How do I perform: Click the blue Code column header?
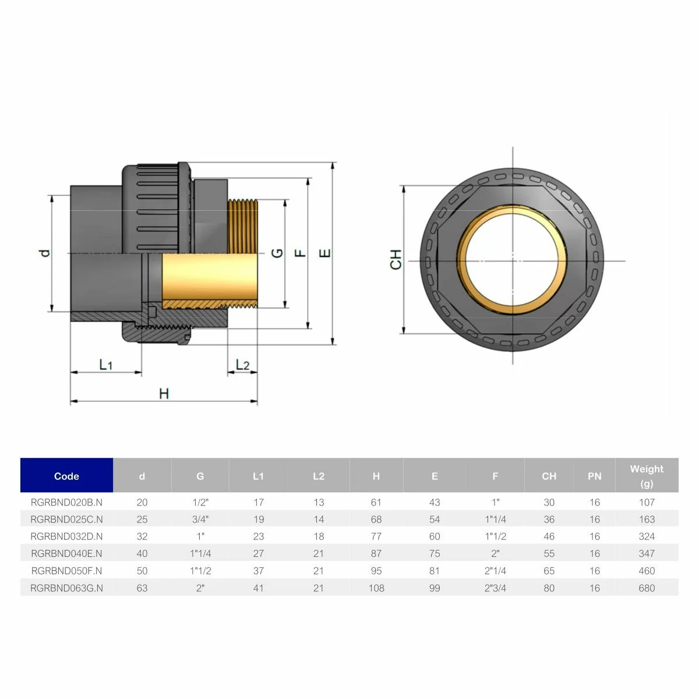pyautogui.click(x=66, y=476)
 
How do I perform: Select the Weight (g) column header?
pyautogui.click(x=647, y=476)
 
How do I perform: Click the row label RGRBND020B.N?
pyautogui.click(x=66, y=502)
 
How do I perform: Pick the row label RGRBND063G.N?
pyautogui.click(x=66, y=588)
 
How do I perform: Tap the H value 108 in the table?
pyautogui.click(x=376, y=588)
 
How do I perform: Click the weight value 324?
pyautogui.click(x=647, y=536)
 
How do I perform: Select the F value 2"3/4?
pyautogui.click(x=495, y=588)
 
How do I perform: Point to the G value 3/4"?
pyautogui.click(x=200, y=519)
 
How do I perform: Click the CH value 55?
pyautogui.click(x=549, y=553)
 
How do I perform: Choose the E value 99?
pyautogui.click(x=435, y=588)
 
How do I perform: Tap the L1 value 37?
pyautogui.click(x=258, y=571)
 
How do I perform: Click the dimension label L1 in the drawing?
pyautogui.click(x=105, y=365)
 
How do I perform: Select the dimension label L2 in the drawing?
pyautogui.click(x=242, y=365)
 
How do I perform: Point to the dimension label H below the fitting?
pyautogui.click(x=164, y=394)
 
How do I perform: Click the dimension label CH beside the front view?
pyautogui.click(x=396, y=259)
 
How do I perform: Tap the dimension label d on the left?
pyautogui.click(x=45, y=253)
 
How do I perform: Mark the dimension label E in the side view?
pyautogui.click(x=326, y=253)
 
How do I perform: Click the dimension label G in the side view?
pyautogui.click(x=278, y=253)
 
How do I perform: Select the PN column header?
pyautogui.click(x=594, y=476)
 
